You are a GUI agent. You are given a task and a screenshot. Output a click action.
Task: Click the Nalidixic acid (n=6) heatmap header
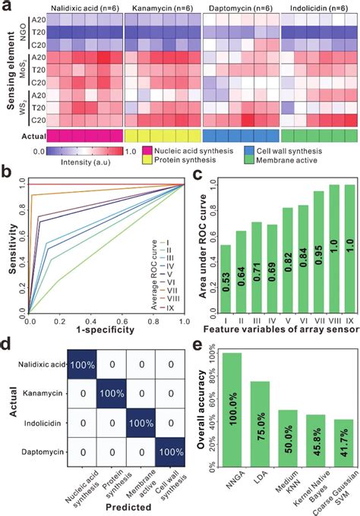click(x=84, y=8)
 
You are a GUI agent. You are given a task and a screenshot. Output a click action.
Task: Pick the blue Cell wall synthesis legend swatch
click(x=252, y=152)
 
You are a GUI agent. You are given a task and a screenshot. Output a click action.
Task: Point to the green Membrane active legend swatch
click(x=252, y=162)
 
